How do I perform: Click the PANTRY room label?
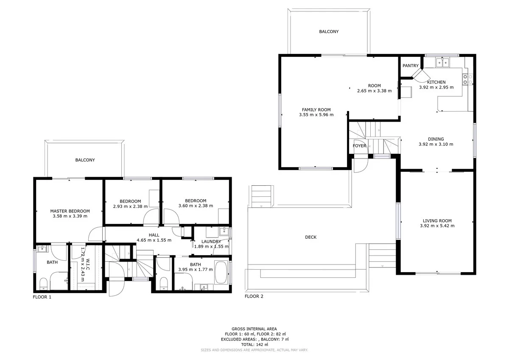point(410,66)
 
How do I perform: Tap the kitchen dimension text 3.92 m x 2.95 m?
point(436,87)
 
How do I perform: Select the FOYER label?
point(359,146)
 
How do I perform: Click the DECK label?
point(310,237)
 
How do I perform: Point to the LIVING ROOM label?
point(437,220)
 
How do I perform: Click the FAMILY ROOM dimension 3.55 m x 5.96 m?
point(316,114)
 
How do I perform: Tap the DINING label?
point(436,139)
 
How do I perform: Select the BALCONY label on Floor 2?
point(329,31)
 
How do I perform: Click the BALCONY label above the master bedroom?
point(85,160)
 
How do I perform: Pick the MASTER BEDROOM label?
point(70,211)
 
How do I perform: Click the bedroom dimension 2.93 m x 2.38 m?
point(130,207)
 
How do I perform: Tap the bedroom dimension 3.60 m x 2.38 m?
point(196,206)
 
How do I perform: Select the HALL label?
point(154,234)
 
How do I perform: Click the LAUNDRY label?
point(211,241)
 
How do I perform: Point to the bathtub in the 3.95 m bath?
point(221,273)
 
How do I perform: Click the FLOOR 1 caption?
point(42,297)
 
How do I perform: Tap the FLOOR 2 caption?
point(254,296)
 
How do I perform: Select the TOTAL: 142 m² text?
point(254,345)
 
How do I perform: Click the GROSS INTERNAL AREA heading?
point(254,329)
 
